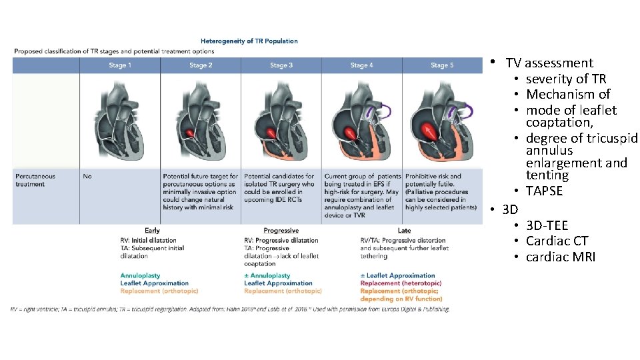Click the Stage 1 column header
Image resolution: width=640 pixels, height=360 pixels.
[x=120, y=65]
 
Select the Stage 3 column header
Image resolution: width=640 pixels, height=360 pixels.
[x=281, y=65]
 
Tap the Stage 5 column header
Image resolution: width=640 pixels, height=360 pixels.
[x=441, y=65]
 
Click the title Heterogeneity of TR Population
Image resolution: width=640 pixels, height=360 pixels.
[x=249, y=41]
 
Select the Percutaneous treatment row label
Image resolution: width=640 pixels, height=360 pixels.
[x=36, y=180]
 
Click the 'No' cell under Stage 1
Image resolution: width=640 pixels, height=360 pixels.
[x=87, y=177]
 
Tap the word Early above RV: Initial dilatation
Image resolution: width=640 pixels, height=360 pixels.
[x=152, y=231]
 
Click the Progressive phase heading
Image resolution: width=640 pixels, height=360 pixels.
[x=281, y=231]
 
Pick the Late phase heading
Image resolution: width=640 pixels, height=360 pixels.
[x=404, y=231]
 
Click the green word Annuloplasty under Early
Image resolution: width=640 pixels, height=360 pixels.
[x=140, y=275]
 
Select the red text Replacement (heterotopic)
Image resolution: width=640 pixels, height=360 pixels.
[x=401, y=283]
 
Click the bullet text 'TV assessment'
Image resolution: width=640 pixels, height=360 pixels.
[x=549, y=63]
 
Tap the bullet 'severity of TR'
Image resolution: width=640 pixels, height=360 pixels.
[x=566, y=79]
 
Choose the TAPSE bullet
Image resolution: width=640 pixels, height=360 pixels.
[x=544, y=191]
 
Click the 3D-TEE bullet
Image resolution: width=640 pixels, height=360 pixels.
[x=547, y=226]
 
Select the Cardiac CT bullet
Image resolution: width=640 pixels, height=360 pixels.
[x=557, y=241]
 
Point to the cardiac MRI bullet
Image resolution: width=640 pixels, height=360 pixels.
[x=561, y=257]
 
